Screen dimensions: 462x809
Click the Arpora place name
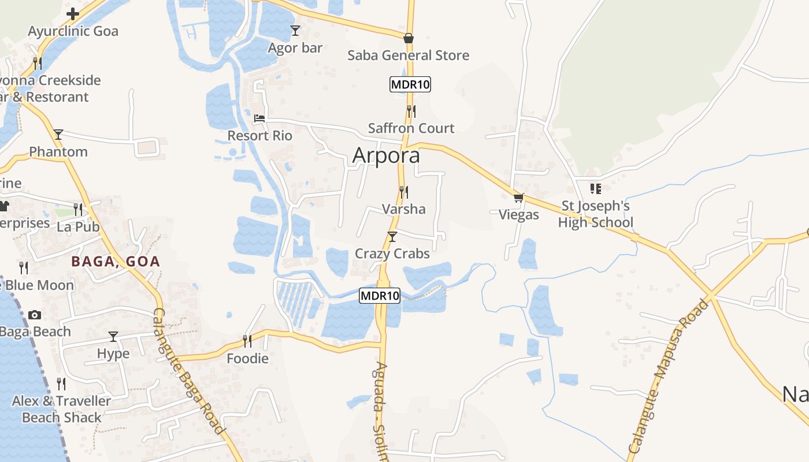pos(386,155)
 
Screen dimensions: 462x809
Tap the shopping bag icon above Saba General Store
pos(409,38)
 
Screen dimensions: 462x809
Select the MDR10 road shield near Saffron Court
pos(410,84)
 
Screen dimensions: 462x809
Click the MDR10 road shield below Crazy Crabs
pos(380,296)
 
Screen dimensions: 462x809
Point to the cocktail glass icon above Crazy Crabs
pos(392,236)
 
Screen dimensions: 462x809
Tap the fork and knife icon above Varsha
pos(404,192)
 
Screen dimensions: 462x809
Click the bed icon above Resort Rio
pos(259,118)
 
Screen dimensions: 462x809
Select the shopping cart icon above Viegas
pos(519,198)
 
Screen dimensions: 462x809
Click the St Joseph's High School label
pos(595,214)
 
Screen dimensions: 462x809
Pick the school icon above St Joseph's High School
pos(596,188)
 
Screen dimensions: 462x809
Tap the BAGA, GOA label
pos(116,262)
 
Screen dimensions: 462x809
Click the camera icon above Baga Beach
pos(35,315)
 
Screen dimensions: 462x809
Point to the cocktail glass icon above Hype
pos(113,336)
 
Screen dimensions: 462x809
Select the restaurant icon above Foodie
pos(247,341)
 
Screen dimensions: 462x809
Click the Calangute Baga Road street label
pos(188,371)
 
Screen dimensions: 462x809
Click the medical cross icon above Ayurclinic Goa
pos(73,13)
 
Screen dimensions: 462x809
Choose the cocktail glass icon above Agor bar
pos(295,30)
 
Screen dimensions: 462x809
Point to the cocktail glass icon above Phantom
pos(58,135)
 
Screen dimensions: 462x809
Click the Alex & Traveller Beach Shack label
pos(61,409)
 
